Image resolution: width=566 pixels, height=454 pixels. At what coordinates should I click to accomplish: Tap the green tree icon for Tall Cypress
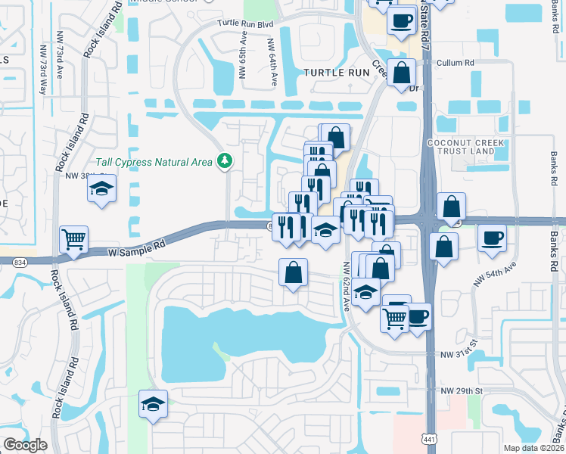coord(224,160)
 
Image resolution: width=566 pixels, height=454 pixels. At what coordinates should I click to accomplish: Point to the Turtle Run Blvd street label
coord(244,23)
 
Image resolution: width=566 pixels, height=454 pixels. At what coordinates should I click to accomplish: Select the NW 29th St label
coord(461,390)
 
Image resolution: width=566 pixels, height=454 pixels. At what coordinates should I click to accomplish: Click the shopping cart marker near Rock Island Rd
coord(74,240)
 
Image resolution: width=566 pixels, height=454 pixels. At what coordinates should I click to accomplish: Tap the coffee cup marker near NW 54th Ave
coord(492,238)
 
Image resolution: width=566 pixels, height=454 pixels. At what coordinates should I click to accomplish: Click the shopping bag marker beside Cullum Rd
coord(403,73)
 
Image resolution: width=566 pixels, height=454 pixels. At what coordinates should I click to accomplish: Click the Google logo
coord(24,445)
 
